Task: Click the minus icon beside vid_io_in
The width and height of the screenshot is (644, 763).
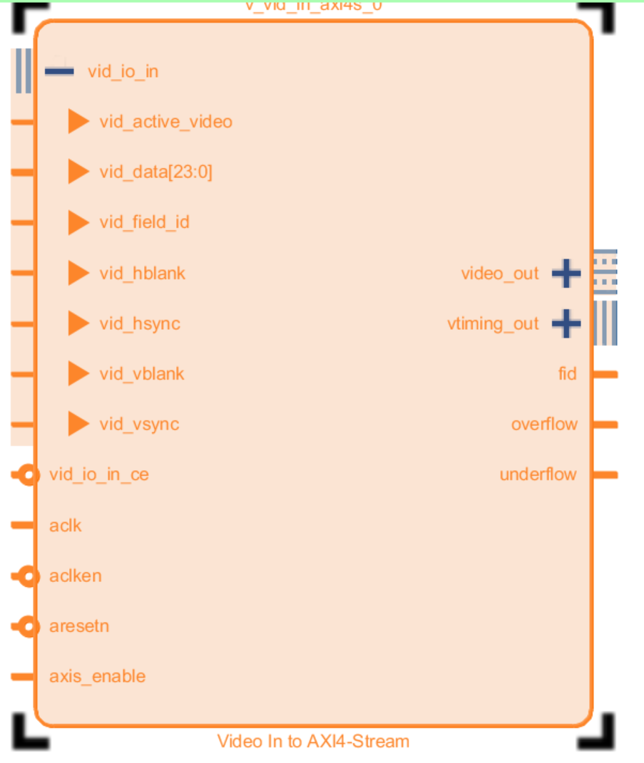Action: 59,71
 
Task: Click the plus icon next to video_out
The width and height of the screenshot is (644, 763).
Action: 566,274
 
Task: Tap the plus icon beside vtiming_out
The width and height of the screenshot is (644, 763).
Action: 566,324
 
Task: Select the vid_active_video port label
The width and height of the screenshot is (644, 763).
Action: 165,122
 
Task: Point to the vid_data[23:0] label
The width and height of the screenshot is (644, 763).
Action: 155,172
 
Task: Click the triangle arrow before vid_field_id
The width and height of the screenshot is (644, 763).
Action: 78,223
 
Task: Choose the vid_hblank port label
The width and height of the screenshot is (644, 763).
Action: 142,274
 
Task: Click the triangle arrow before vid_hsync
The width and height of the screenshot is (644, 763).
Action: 78,324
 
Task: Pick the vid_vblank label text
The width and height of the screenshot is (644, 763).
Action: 141,374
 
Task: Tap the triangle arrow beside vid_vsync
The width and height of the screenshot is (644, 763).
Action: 78,425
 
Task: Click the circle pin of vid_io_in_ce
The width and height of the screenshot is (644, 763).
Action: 28,475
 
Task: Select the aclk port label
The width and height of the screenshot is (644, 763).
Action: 65,526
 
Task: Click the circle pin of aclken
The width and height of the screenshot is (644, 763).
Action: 28,576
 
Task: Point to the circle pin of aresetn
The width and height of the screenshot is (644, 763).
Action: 28,627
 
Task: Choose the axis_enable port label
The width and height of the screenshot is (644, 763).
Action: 97,677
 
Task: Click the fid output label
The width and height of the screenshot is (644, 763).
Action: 567,374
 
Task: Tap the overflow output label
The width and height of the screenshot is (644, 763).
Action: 543,425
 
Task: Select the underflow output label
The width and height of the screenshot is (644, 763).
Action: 538,475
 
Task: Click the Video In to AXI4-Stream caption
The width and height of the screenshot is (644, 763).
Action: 313,742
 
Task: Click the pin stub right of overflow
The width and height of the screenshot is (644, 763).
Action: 605,425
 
